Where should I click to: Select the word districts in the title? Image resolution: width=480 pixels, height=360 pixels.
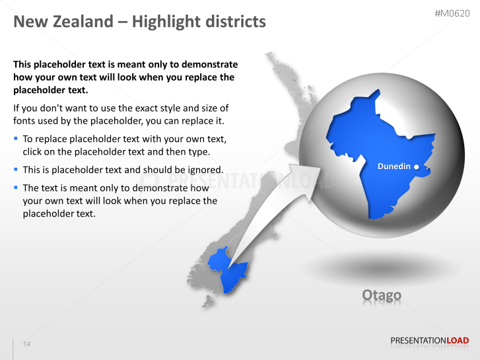tap(230, 22)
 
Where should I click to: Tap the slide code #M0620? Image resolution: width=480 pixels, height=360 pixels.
tap(452, 13)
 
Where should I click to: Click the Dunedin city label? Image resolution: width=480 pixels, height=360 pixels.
tap(394, 166)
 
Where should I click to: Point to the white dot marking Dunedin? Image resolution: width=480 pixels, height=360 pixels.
tap(417, 167)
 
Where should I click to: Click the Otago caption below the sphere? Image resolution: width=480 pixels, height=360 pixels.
tap(382, 295)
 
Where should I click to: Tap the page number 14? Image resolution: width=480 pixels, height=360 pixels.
tap(27, 344)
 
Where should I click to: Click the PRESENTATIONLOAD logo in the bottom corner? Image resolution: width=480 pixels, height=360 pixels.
tap(429, 341)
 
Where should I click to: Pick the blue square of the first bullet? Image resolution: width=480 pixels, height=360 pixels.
tap(16, 139)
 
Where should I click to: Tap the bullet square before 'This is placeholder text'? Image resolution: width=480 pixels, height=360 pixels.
tap(16, 170)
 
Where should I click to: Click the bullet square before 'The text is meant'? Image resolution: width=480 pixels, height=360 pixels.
tap(16, 188)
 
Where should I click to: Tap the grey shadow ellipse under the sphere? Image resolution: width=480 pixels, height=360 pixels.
tap(382, 268)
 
